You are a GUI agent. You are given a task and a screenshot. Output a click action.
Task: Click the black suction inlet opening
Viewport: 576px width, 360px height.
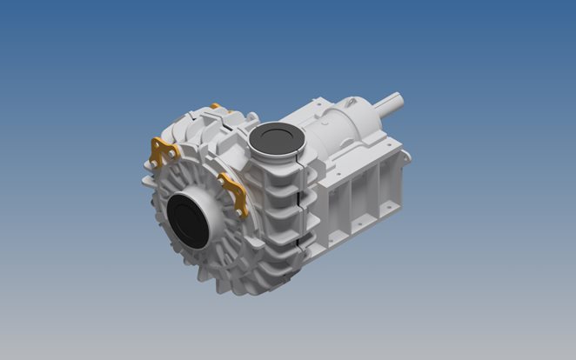(x=185, y=221)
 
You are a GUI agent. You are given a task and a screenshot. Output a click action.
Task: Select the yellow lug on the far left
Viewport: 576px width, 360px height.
(x=162, y=152)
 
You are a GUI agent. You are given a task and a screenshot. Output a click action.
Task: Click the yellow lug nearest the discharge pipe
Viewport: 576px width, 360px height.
(x=234, y=194)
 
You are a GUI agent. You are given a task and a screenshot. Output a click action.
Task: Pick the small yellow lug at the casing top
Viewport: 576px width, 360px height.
(x=215, y=107)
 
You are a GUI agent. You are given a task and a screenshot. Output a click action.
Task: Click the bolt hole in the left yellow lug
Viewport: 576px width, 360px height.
(x=157, y=159)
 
